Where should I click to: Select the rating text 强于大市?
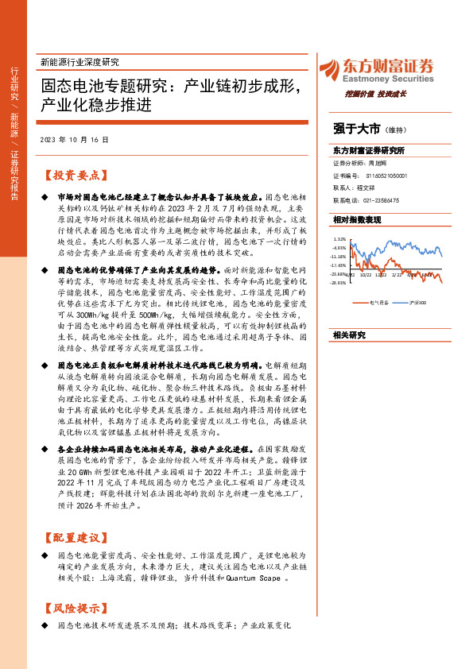click(355, 128)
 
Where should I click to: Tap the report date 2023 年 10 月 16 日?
click(73, 139)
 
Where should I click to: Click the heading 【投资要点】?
click(75, 176)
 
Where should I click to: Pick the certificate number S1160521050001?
click(381, 175)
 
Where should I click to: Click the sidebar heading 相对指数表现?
click(358, 218)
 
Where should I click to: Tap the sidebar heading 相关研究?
click(349, 335)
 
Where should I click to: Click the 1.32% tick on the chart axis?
click(339, 238)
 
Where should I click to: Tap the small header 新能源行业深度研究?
click(79, 62)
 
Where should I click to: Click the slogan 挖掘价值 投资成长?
click(376, 94)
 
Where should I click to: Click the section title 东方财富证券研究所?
click(369, 150)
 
